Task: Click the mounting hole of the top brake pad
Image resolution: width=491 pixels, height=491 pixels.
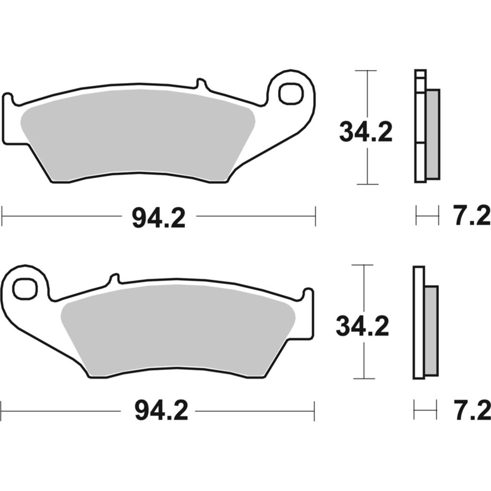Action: point(289,93)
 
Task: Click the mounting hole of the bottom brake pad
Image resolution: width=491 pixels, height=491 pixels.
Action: point(25,289)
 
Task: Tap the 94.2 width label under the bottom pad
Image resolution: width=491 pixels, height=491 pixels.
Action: point(161,410)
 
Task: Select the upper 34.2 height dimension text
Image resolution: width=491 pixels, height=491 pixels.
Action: point(366,133)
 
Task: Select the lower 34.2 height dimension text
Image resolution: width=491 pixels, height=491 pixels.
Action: point(362,326)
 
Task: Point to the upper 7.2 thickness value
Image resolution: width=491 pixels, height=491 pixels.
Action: point(471,217)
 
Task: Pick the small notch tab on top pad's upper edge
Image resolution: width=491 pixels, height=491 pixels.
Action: point(201,83)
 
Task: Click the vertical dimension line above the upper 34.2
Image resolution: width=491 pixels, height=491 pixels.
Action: point(367,93)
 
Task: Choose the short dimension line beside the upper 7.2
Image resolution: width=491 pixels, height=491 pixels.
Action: point(427,215)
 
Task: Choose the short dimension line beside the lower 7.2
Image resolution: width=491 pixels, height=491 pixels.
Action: point(425,409)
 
